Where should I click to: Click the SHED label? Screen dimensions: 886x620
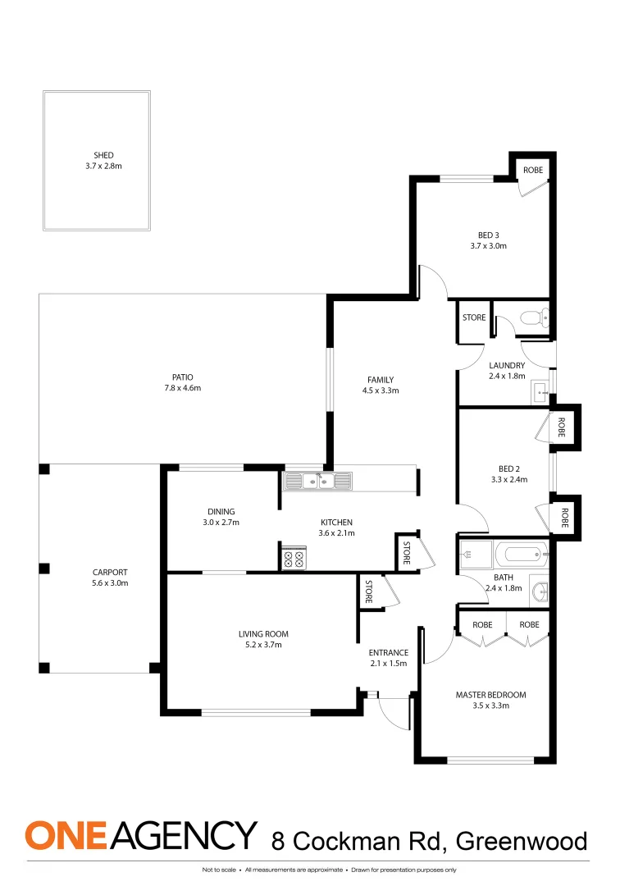103,155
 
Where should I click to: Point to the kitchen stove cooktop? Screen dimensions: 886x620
294,559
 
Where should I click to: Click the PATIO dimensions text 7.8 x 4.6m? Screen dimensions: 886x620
182,388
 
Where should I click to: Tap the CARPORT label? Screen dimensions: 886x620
110,573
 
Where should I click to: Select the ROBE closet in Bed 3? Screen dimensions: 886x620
533,170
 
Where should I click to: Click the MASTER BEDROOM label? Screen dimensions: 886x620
490,695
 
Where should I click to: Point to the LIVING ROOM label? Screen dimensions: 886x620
263,634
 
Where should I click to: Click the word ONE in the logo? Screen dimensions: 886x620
66,835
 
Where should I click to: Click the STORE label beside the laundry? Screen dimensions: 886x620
474,317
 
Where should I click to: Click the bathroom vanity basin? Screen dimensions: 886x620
539,591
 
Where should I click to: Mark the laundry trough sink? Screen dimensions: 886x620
540,390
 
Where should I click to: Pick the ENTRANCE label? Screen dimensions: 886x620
389,653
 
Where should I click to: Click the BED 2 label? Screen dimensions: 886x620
505,469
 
